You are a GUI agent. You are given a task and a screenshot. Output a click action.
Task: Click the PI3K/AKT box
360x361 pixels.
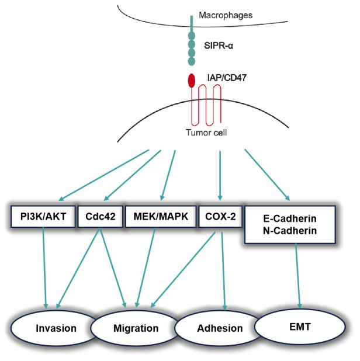43,216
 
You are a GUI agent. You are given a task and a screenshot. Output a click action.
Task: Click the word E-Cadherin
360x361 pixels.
289,220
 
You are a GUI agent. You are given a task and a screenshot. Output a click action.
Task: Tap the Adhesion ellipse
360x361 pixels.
219,328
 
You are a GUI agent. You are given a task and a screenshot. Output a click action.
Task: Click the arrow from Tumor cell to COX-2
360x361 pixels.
220,175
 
